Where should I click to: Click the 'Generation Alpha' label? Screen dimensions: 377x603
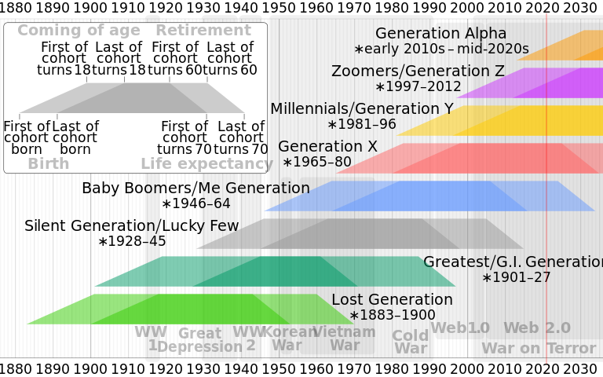pyautogui.click(x=440, y=34)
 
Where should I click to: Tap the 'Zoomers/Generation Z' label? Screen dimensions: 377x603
pyautogui.click(x=429, y=71)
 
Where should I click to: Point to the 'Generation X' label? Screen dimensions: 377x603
pyautogui.click(x=327, y=146)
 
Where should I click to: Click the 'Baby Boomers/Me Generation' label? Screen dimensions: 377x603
pyautogui.click(x=196, y=188)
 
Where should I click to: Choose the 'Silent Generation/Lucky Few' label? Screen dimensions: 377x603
pyautogui.click(x=131, y=226)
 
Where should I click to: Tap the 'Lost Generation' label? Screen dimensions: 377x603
pyautogui.click(x=392, y=300)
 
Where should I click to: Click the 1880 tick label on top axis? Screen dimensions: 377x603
pyautogui.click(x=16, y=8)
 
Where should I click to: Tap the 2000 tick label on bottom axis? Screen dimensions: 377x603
pyautogui.click(x=470, y=368)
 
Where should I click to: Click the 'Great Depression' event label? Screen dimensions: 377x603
pyautogui.click(x=199, y=340)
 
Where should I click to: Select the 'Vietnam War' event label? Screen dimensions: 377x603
pyautogui.click(x=345, y=338)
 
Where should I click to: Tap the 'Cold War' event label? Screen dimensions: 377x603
pyautogui.click(x=411, y=342)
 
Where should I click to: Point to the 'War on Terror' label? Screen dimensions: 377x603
pyautogui.click(x=538, y=348)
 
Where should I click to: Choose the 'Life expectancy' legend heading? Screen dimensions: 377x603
pyautogui.click(x=206, y=164)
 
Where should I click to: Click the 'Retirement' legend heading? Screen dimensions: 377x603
pyautogui.click(x=203, y=31)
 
